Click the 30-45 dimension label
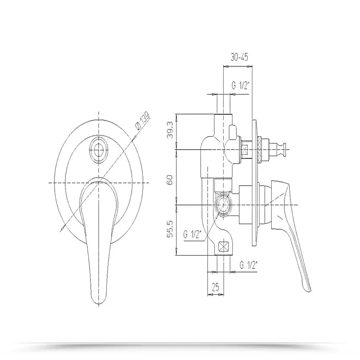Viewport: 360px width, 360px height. point(239,57)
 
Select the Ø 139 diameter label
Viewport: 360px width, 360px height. point(142,120)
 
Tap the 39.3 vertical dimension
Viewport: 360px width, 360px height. point(170,130)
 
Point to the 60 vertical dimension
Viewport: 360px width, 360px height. point(170,180)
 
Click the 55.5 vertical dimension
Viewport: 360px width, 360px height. point(170,229)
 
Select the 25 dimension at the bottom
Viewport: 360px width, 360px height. point(215,287)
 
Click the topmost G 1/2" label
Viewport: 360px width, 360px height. point(240,86)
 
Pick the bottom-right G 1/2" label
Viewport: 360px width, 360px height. point(248,265)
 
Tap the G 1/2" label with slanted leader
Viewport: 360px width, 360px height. point(192,235)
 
